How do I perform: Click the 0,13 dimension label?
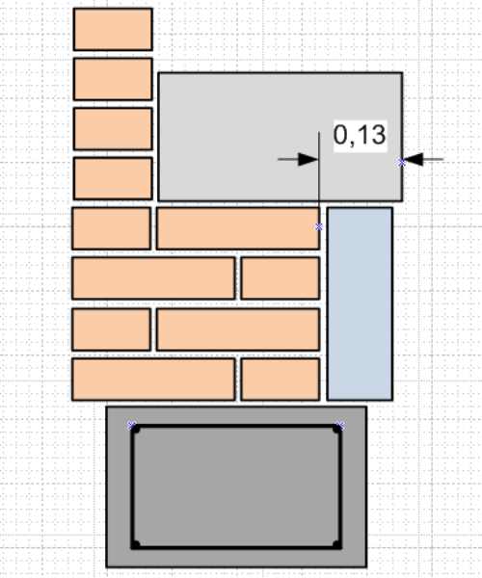click(x=360, y=136)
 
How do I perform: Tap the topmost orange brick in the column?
click(x=113, y=29)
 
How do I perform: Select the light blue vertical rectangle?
click(x=360, y=303)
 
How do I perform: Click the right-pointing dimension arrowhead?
click(x=308, y=159)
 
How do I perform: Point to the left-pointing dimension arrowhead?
click(x=413, y=159)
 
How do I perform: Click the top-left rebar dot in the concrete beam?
click(x=135, y=430)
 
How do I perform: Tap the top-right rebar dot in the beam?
click(x=336, y=429)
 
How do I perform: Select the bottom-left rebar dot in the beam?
click(x=136, y=544)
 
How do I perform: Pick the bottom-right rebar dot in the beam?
click(x=336, y=544)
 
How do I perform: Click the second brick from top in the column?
click(x=113, y=79)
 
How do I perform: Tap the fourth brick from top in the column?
click(x=113, y=178)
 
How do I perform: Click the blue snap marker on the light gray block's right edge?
click(x=402, y=162)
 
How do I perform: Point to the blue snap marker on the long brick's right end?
click(x=319, y=227)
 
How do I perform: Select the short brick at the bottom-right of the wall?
click(x=281, y=379)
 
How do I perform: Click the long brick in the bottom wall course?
click(x=153, y=379)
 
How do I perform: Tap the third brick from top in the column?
click(x=113, y=129)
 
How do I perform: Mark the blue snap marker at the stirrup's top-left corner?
click(x=132, y=426)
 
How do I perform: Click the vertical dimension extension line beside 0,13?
click(x=319, y=171)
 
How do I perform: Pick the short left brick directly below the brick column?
click(x=112, y=228)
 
